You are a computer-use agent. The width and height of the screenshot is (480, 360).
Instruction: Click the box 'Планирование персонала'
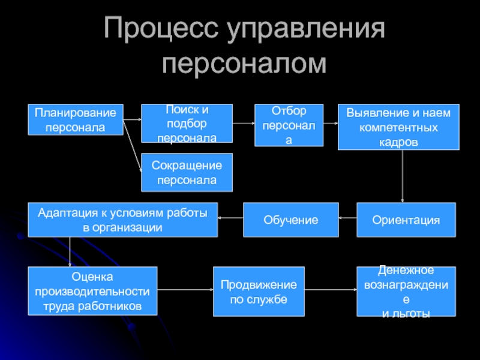[75, 119]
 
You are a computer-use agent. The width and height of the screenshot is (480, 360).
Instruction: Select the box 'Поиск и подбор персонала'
[187, 124]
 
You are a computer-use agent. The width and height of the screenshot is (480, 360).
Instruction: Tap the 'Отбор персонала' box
[289, 125]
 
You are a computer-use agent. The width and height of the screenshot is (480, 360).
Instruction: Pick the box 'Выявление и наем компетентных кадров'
[398, 127]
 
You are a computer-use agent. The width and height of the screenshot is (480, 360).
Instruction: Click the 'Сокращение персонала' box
[187, 173]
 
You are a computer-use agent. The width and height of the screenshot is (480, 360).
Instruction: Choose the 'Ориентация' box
[406, 220]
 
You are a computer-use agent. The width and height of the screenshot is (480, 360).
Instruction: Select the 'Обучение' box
[290, 220]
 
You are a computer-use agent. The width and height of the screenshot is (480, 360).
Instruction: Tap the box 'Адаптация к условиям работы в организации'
[123, 220]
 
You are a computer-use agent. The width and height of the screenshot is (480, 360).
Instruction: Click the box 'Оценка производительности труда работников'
[92, 291]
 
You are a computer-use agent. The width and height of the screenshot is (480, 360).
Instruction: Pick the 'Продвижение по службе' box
[259, 291]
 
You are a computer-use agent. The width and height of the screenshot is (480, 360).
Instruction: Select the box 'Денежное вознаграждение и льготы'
[406, 291]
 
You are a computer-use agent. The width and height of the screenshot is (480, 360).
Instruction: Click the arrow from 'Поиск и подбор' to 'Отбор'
[244, 123]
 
